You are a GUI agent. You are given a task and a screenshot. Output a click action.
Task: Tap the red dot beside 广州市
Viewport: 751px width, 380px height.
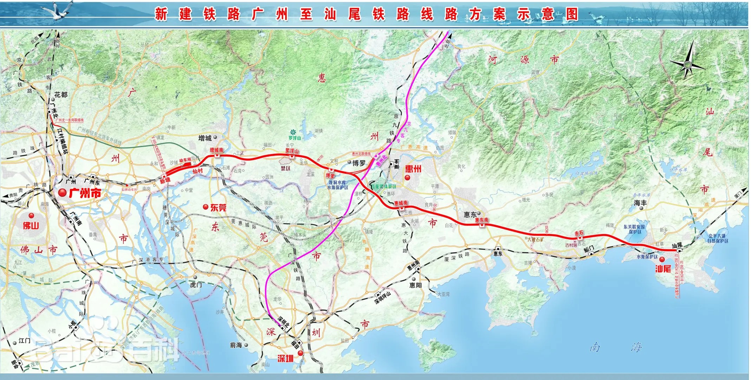[63, 192]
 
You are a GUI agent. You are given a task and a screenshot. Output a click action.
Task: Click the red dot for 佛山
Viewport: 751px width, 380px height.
[31, 215]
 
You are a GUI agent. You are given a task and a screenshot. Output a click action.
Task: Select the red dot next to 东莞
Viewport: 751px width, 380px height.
[205, 207]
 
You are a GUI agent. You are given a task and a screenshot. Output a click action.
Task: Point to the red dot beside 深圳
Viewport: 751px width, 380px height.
[300, 353]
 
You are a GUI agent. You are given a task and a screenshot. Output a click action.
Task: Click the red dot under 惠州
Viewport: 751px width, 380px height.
[407, 178]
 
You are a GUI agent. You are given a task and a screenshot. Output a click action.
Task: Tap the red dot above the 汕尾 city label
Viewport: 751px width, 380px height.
[662, 260]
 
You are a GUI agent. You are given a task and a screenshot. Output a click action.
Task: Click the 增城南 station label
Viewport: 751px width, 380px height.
[216, 150]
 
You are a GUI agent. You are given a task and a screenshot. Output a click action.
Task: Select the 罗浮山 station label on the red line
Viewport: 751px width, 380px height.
[292, 151]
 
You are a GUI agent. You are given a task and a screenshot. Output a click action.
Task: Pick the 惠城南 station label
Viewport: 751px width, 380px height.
[401, 203]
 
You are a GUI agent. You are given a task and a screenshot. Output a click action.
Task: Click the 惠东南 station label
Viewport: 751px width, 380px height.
[482, 220]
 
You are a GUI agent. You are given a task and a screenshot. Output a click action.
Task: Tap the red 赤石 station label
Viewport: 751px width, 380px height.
[579, 233]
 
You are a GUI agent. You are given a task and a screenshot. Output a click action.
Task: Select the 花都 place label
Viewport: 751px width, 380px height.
[61, 95]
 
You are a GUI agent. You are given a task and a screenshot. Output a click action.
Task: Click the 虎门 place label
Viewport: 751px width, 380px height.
[196, 285]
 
